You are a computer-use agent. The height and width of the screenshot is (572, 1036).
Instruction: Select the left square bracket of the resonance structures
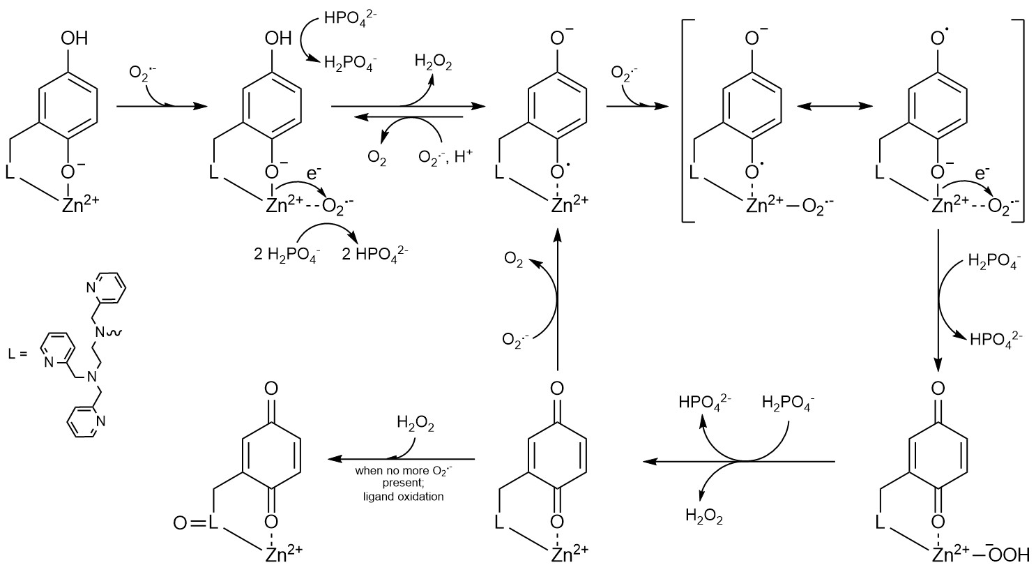[687, 121]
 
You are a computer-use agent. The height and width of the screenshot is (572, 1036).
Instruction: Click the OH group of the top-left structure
[74, 38]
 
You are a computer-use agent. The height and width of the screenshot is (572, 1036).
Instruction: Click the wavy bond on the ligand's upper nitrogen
[115, 333]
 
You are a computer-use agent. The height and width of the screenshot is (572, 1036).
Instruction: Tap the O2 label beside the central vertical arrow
[512, 259]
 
